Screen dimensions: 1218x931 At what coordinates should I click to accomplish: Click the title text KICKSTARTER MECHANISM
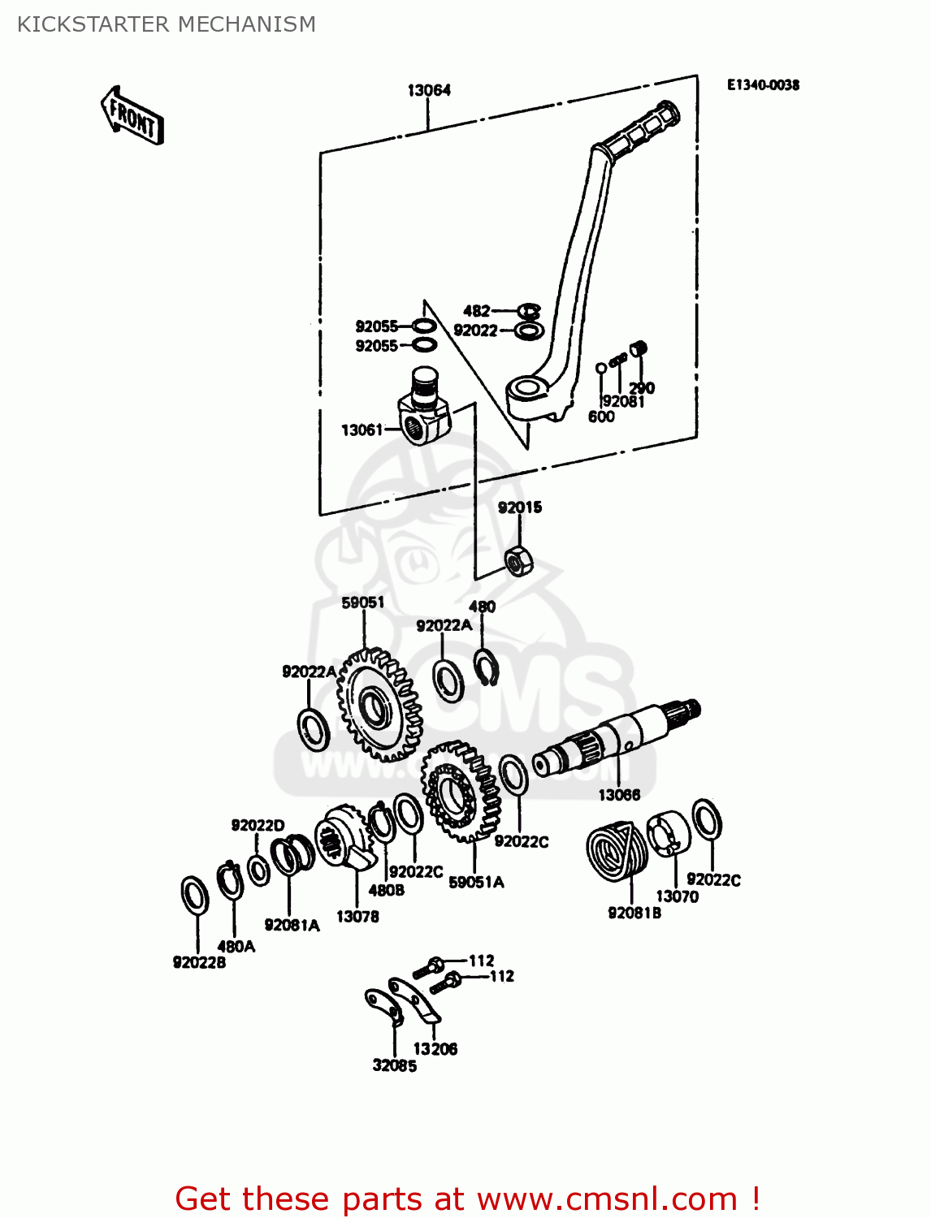pos(167,24)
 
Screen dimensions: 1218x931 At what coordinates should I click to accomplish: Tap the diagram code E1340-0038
pos(762,85)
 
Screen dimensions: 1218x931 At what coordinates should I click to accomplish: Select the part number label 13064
pos(429,90)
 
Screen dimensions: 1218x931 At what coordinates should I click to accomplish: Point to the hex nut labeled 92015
pos(518,559)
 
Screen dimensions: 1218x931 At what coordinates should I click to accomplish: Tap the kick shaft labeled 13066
pos(617,739)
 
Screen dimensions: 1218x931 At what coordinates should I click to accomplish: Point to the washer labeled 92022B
pos(194,896)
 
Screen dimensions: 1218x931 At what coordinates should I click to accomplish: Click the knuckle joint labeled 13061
pos(423,410)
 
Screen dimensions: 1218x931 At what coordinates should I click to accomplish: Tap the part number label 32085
pos(394,1065)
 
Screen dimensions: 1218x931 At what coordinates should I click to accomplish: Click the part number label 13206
pos(435,1048)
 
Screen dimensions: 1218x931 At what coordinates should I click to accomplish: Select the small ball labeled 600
pos(600,368)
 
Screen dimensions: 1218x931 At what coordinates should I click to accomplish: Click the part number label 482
pos(476,310)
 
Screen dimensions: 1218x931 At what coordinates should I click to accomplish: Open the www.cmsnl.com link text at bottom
pos(607,1199)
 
